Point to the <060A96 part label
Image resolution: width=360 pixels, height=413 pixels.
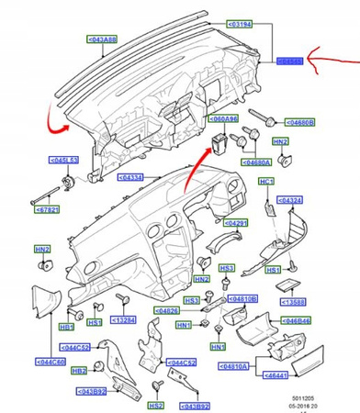pyautogui.click(x=226, y=118)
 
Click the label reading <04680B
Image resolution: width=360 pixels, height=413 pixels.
pyautogui.click(x=298, y=121)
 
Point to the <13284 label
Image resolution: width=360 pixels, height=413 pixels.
pyautogui.click(x=125, y=321)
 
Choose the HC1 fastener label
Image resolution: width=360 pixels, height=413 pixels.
pyautogui.click(x=265, y=182)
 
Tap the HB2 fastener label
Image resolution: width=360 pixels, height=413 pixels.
pyautogui.click(x=79, y=370)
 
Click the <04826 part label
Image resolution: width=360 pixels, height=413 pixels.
pyautogui.click(x=170, y=311)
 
